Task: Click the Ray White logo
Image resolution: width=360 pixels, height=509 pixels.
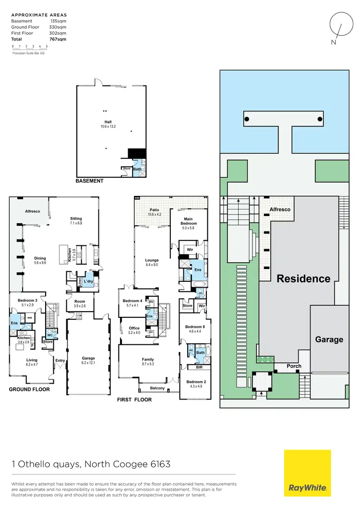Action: [307, 473]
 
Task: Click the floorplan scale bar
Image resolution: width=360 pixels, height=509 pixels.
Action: [30, 48]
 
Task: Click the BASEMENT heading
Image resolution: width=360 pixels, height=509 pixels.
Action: [89, 181]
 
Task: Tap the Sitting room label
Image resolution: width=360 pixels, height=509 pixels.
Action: [76, 218]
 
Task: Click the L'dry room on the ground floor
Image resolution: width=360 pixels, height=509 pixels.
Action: [88, 281]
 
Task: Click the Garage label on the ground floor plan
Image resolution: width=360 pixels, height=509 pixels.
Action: [88, 358]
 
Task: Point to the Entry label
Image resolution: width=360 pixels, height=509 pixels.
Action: [60, 361]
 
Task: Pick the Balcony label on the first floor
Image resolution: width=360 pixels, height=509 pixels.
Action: [157, 388]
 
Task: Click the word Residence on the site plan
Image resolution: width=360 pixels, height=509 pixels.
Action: [303, 279]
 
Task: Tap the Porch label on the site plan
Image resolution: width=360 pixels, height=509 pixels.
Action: [294, 366]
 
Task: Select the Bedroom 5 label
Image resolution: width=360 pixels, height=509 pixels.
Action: [194, 327]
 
